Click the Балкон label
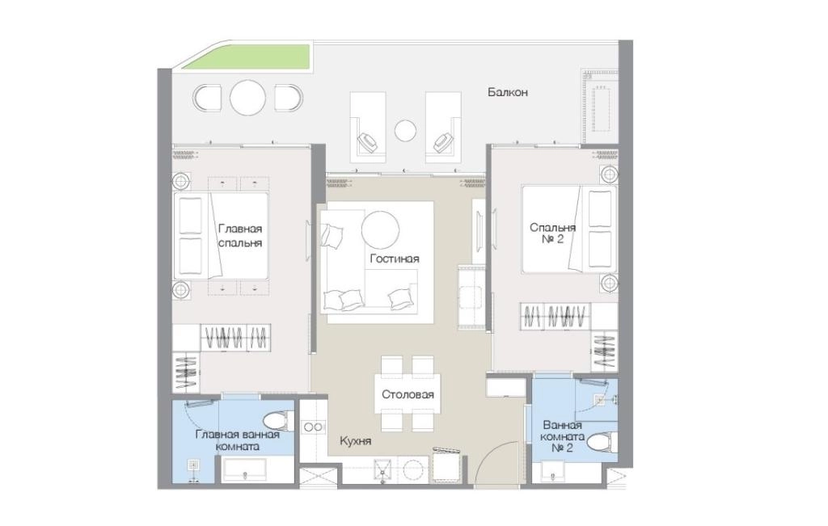tap(508, 92)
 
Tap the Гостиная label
tap(395, 259)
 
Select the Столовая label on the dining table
tap(408, 394)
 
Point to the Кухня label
tap(356, 441)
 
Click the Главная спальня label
tap(240, 236)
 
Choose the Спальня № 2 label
tap(552, 234)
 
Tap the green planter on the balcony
tap(247, 57)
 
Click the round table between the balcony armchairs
tap(247, 98)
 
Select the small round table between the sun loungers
tap(406, 131)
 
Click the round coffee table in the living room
tap(380, 229)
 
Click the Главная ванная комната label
tap(237, 440)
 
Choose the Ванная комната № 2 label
tap(563, 436)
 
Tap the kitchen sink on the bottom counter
tap(382, 469)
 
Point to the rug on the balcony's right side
tap(600, 107)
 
